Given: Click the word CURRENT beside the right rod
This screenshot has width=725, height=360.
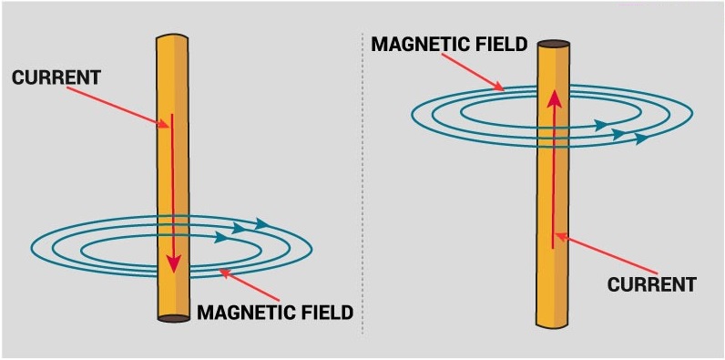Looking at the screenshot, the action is tap(651, 284).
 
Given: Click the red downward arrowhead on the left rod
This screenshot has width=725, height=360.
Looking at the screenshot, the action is tap(173, 264).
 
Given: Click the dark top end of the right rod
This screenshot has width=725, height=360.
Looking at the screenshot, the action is tap(554, 44).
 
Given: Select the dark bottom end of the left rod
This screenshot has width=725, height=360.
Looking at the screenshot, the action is tap(173, 318).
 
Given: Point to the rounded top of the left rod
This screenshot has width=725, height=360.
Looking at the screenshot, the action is tap(172, 38).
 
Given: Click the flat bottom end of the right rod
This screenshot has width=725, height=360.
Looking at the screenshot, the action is tap(554, 323).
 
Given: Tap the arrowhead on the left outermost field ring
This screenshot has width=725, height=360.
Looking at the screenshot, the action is tap(262, 223).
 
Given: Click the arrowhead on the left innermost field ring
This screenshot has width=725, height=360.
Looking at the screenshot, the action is tap(221, 240).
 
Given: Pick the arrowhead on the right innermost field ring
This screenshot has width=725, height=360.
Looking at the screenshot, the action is tap(601, 125).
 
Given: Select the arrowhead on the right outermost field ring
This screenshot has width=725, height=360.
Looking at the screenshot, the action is tap(642, 139).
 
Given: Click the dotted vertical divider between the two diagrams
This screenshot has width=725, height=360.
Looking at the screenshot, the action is tap(362, 182).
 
